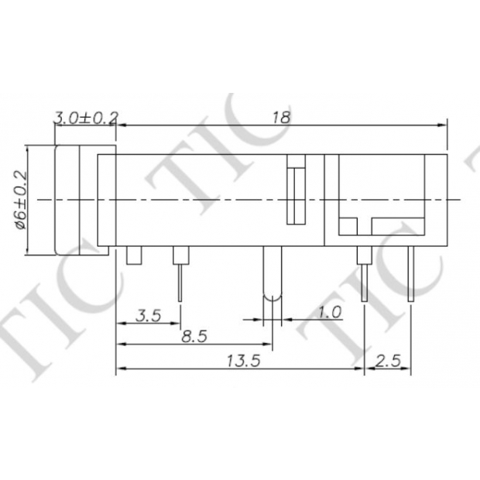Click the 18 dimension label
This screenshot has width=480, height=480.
pyautogui.click(x=282, y=117)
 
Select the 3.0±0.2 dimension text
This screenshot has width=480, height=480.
pyautogui.click(x=84, y=118)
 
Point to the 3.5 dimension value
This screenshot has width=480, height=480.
pyautogui.click(x=147, y=315)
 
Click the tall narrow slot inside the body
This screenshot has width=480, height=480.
pyautogui.click(x=296, y=190)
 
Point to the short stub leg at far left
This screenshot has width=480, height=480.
pyautogui.click(x=133, y=256)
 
